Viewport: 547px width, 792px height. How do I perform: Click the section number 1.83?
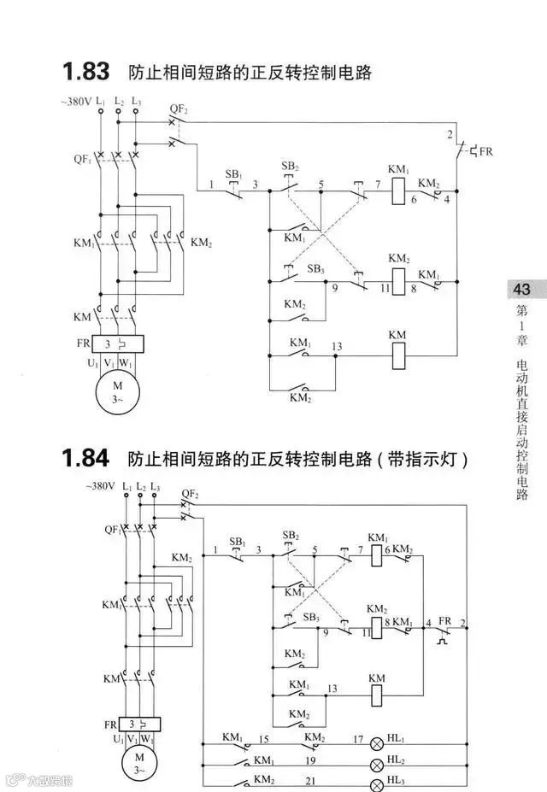(85, 71)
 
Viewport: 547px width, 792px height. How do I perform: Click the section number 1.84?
(85, 459)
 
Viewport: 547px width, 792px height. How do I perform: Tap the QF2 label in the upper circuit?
(179, 109)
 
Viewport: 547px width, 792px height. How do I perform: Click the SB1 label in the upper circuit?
(233, 174)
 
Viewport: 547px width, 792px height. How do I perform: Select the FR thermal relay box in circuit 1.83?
(118, 344)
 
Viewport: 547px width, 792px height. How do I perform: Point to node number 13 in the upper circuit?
(337, 346)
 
